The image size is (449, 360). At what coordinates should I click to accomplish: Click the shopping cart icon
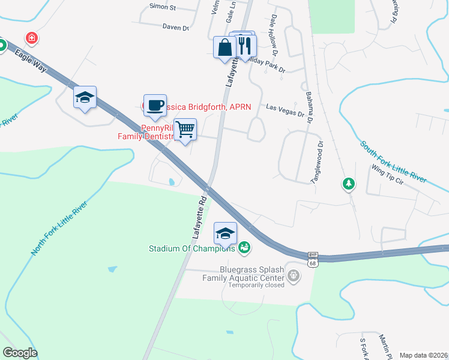coord(185,129)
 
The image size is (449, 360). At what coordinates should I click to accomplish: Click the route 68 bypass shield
coord(312,259)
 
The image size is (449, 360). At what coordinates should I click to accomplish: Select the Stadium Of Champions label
coord(192,247)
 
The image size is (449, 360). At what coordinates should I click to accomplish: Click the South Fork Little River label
coord(393,162)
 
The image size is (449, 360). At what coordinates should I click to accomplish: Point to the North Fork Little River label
coord(59,229)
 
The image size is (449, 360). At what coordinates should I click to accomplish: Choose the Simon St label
coord(162,7)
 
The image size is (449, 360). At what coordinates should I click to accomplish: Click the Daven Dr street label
coord(176,27)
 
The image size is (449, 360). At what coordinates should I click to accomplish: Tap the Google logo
coord(20,353)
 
